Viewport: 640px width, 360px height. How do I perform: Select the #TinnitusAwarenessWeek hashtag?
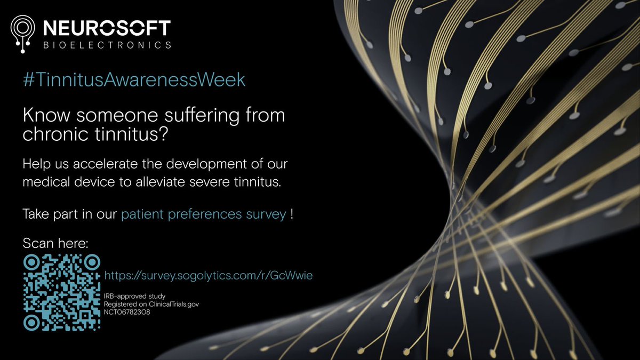click(134, 79)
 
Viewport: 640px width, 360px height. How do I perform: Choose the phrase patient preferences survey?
click(204, 215)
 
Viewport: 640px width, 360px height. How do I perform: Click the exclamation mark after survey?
click(292, 215)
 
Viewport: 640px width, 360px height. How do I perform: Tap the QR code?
click(62, 292)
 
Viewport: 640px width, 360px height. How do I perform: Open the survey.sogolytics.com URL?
click(212, 275)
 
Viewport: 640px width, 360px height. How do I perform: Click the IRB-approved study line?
click(135, 295)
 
